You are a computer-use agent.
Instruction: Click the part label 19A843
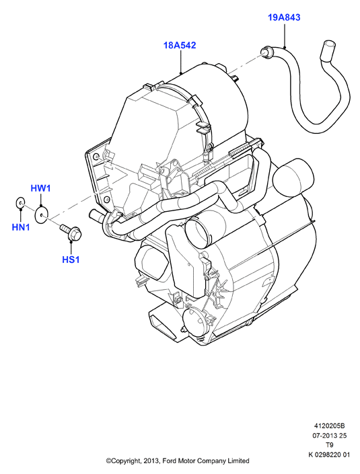284,17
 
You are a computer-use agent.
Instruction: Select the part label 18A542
180,45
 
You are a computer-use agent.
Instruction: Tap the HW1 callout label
40,189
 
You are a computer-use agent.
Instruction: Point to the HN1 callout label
21,227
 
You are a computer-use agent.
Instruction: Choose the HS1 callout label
71,260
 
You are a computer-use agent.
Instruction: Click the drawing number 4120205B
330,426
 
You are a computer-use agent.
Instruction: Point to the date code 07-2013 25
330,436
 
